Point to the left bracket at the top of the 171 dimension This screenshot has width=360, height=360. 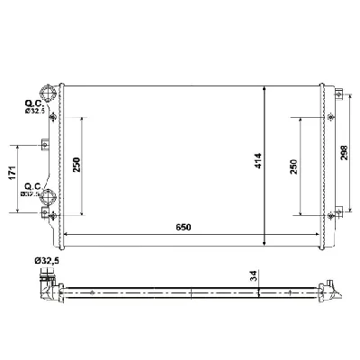(43, 143)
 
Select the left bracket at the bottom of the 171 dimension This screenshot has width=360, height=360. (43, 212)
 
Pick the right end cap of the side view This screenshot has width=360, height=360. (335, 291)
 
